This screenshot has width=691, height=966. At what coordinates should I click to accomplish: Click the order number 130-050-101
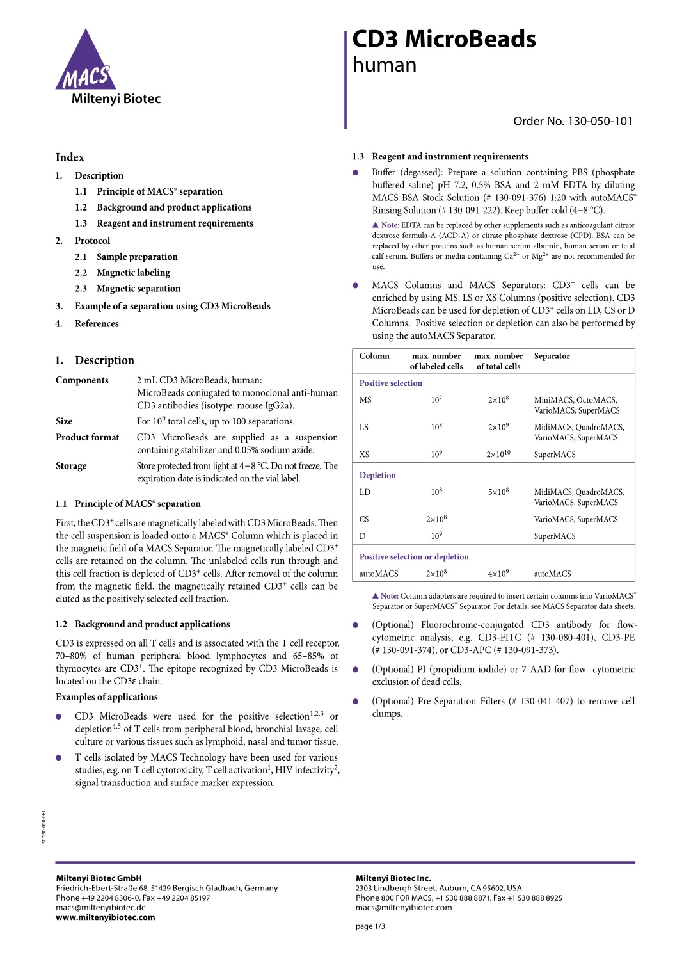pos(573,121)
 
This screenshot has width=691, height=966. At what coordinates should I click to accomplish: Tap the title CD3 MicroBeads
pos(444,40)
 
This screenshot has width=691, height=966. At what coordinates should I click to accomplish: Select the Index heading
pos(70,157)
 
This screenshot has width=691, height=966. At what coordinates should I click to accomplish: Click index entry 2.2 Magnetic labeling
pos(133,273)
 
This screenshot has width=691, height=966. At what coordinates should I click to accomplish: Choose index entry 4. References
pos(96,324)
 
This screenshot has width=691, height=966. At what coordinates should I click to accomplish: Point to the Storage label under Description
pos(71,466)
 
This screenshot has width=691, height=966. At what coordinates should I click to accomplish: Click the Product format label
pos(88,437)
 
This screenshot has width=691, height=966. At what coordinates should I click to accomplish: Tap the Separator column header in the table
pos(552,357)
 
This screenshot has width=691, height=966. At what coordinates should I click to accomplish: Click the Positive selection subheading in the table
pos(391,383)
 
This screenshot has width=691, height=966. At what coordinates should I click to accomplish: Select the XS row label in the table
pos(364,455)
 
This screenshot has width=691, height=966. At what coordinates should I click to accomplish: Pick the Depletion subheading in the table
pos(377,476)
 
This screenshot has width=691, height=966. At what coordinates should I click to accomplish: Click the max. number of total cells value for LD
pos(498,492)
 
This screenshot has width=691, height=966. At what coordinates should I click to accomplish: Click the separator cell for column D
pos(555,536)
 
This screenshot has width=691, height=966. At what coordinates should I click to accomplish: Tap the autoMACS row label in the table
pos(379,574)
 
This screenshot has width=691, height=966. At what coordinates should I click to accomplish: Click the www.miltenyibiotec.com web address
pos(106,917)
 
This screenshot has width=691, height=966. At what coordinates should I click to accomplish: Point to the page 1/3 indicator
pos(370,926)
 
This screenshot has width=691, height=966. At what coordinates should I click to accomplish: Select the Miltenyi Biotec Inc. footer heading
pos(393,878)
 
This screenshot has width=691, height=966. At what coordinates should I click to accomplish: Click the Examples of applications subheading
pos(107,697)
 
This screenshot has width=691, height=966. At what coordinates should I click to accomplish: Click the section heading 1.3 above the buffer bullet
pos(440,157)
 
